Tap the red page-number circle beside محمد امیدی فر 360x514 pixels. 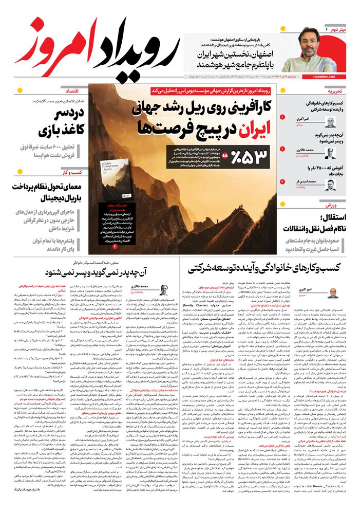[x=282, y=182]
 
